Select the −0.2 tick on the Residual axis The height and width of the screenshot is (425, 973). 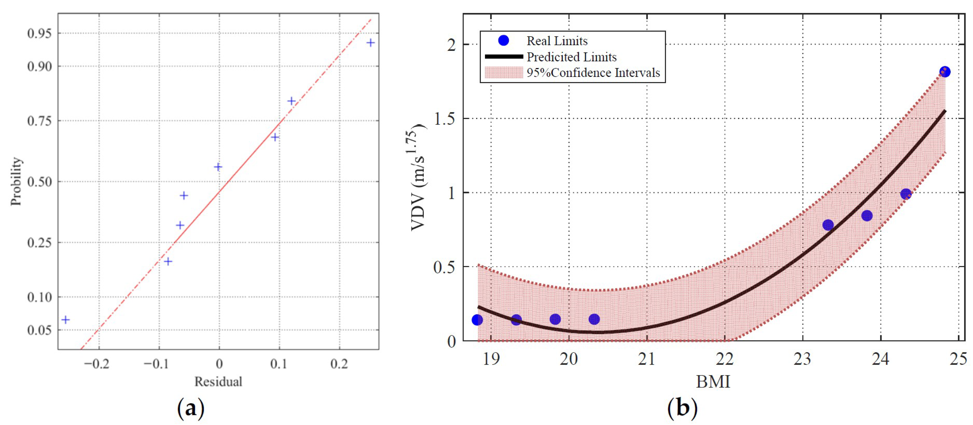(97, 364)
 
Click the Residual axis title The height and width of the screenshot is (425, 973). (218, 382)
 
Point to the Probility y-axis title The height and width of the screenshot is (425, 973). (16, 181)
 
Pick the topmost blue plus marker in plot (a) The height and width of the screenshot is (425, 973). (371, 43)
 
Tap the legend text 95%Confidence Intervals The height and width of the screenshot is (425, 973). (593, 73)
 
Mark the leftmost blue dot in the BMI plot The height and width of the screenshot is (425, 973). (477, 320)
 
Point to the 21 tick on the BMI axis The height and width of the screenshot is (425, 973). (647, 359)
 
